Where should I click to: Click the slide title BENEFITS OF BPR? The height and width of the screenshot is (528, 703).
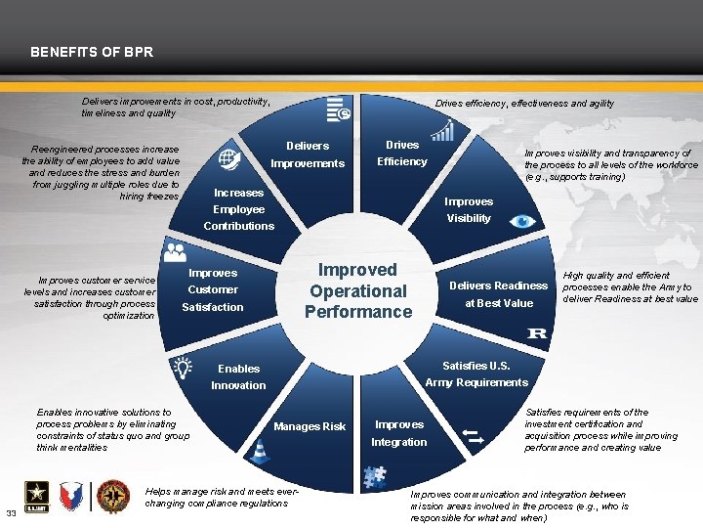(92, 51)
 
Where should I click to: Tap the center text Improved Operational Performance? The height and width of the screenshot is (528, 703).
(358, 290)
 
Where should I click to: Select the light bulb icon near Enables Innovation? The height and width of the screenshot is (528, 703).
(183, 367)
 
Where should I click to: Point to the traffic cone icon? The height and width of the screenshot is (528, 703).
(260, 450)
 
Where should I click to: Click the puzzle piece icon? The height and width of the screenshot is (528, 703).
(374, 476)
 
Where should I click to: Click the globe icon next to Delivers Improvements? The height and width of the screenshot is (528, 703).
(229, 157)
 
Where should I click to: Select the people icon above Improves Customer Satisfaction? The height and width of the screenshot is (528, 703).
(176, 252)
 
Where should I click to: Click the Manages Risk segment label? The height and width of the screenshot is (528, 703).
(310, 426)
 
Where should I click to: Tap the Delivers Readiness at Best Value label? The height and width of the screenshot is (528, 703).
(498, 294)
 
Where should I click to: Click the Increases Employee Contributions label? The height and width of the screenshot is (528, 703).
(239, 209)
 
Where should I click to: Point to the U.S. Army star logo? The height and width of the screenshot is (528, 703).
(31, 495)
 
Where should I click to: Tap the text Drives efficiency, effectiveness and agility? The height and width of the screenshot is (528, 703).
(524, 103)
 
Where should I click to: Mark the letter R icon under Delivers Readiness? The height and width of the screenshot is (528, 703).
(537, 334)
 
